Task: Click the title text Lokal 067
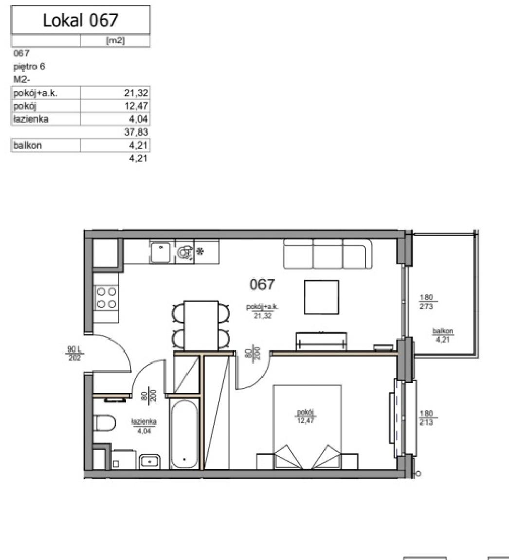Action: coord(80,20)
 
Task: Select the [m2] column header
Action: coord(115,41)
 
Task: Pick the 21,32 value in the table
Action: coord(136,93)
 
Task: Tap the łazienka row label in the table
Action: coord(31,119)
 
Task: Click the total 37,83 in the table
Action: coord(136,132)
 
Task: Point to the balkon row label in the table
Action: coord(28,145)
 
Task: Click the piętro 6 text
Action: coord(29,67)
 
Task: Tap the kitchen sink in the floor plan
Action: coord(161,252)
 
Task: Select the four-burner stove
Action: coord(106,297)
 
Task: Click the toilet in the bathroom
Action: coord(104,423)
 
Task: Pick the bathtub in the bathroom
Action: coord(184,434)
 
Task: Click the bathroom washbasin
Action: coord(150,461)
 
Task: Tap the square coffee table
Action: coord(322,297)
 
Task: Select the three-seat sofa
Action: coord(327,253)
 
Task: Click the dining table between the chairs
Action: coord(201,325)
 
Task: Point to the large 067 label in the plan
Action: coord(262,284)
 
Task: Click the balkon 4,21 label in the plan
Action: coord(442,335)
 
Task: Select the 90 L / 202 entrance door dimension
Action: coord(74,353)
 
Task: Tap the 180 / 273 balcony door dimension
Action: coord(426,302)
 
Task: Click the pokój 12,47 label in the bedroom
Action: coord(306,416)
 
